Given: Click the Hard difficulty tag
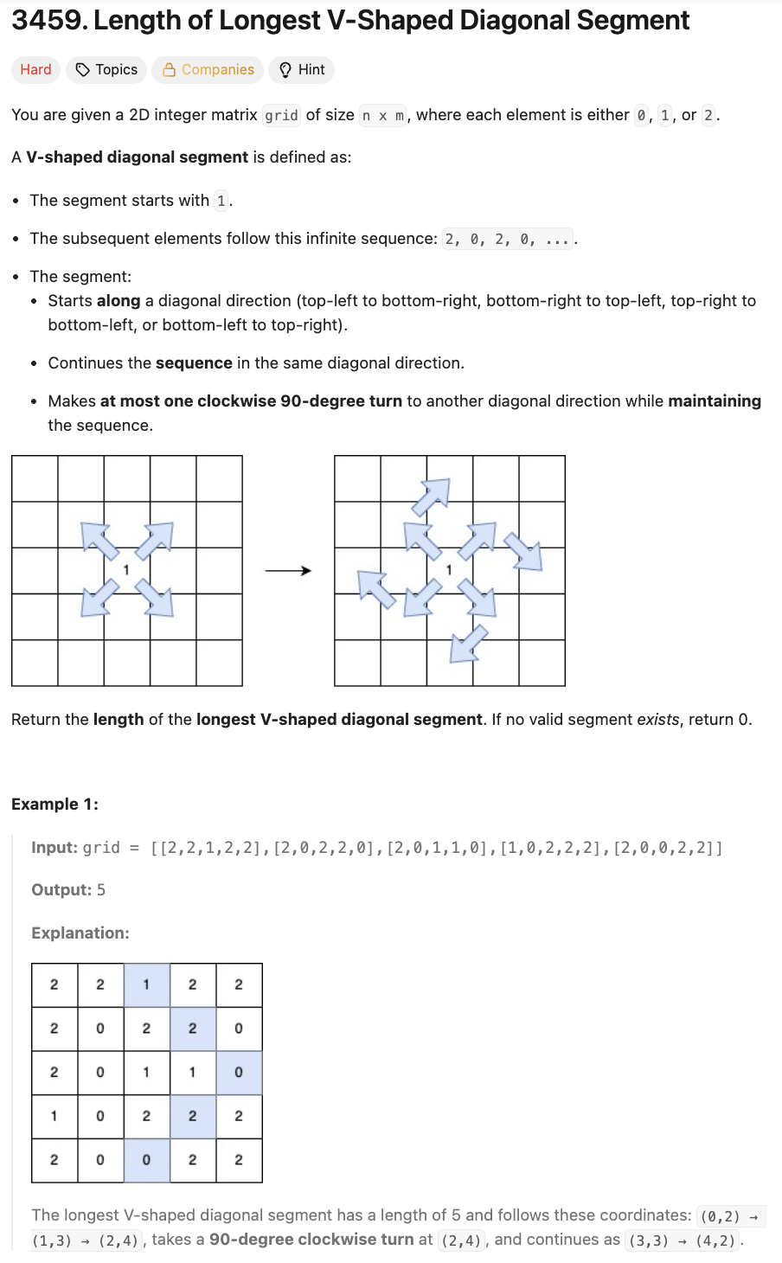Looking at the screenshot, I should (35, 70).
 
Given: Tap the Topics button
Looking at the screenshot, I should (106, 70).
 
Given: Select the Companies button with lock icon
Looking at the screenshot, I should (208, 70).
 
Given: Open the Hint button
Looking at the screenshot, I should (301, 70).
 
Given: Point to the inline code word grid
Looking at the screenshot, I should (281, 116).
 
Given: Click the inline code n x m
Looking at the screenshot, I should (383, 116).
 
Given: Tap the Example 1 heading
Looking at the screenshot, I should (54, 805).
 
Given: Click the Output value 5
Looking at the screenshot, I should (101, 890).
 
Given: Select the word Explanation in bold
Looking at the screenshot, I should (80, 933).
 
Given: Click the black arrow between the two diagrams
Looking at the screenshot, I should (288, 571).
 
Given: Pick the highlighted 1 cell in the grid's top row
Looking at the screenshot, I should (146, 985).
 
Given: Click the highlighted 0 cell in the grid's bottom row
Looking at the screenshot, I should (146, 1160).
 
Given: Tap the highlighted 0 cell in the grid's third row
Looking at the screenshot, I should (239, 1073).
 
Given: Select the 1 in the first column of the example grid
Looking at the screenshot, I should (54, 1116).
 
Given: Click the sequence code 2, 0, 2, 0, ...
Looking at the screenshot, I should (507, 240).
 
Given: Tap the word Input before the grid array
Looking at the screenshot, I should (54, 848).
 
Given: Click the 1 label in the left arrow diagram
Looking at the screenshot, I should (126, 570).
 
